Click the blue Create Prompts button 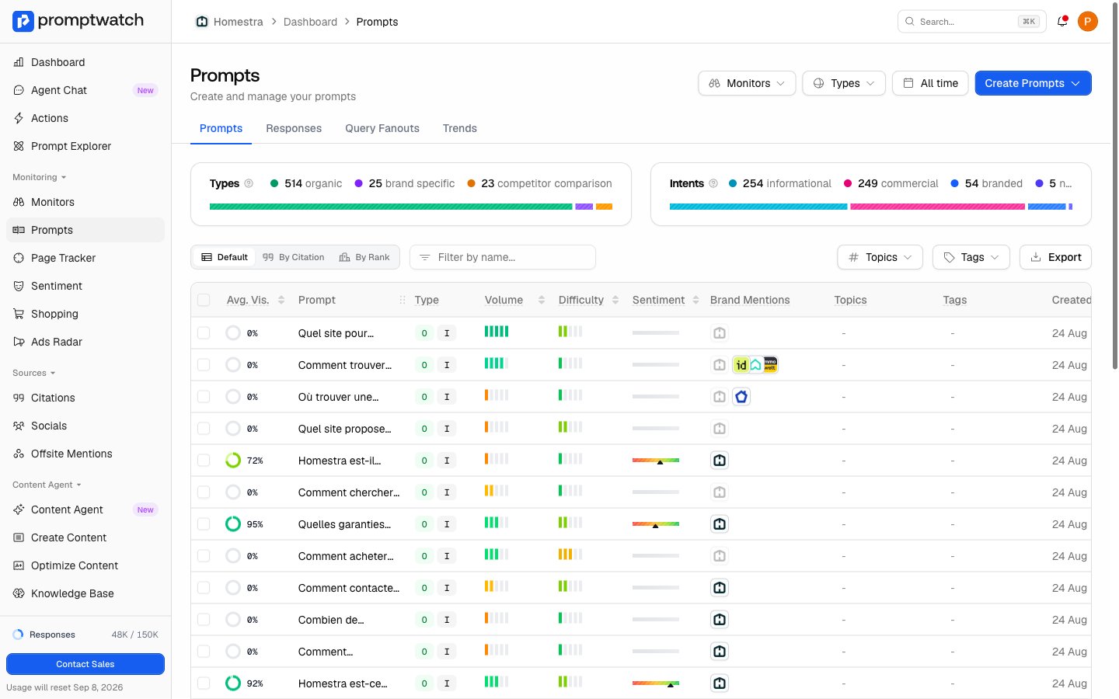(1033, 83)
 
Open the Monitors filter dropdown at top (746, 83)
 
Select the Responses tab (294, 128)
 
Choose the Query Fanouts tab (382, 128)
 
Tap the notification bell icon (1062, 22)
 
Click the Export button (1055, 257)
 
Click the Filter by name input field (503, 257)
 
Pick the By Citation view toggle (294, 257)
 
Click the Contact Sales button (85, 664)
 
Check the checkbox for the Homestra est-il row (204, 461)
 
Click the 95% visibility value (255, 524)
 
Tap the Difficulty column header (581, 300)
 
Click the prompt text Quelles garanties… (345, 524)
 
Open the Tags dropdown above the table (971, 257)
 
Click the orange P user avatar (1088, 22)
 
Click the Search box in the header (971, 22)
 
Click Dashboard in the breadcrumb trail (310, 22)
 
